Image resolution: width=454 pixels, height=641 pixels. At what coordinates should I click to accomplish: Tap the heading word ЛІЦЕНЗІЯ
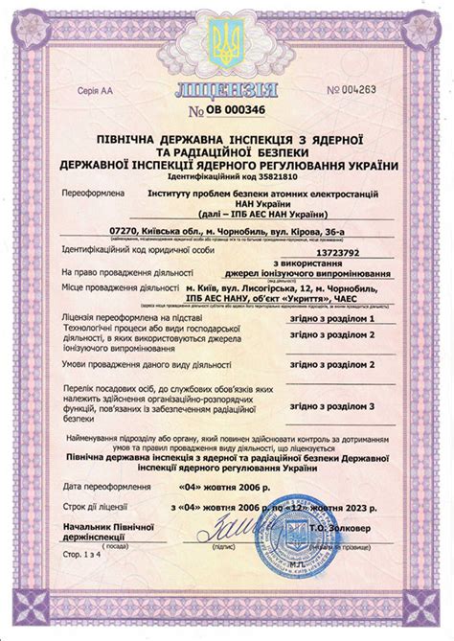[226, 92]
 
